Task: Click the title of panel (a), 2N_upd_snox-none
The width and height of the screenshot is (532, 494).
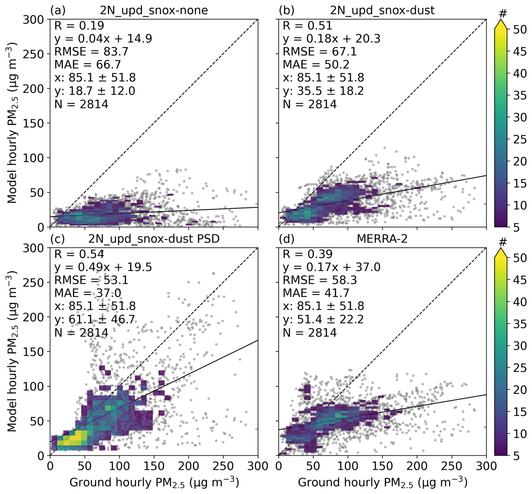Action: tap(154, 10)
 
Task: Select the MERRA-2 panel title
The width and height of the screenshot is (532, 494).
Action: tap(382, 239)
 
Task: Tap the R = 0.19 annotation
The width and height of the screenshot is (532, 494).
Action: tap(79, 26)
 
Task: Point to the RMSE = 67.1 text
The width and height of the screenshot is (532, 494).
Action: tap(320, 52)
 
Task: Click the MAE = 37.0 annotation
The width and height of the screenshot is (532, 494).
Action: tap(87, 293)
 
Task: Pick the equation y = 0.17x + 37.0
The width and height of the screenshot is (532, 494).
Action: tap(332, 267)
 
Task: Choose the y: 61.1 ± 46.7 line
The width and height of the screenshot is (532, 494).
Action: tap(95, 319)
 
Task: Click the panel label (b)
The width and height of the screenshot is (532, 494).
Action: tap(287, 10)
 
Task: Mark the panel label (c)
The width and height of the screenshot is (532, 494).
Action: tap(58, 239)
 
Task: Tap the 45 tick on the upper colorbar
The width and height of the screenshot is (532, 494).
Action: tap(520, 51)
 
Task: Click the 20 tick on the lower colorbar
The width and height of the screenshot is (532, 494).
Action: tap(520, 390)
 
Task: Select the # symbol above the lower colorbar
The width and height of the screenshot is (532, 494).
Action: tap(502, 242)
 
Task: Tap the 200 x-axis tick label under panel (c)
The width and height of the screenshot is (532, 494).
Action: tap(188, 466)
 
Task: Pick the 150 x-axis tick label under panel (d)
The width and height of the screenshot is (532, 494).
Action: tap(382, 466)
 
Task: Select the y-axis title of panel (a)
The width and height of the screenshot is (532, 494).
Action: tap(12, 123)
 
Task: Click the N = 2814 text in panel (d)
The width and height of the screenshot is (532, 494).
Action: tap(310, 333)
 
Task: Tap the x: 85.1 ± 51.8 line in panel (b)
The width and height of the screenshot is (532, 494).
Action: tap(323, 78)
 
